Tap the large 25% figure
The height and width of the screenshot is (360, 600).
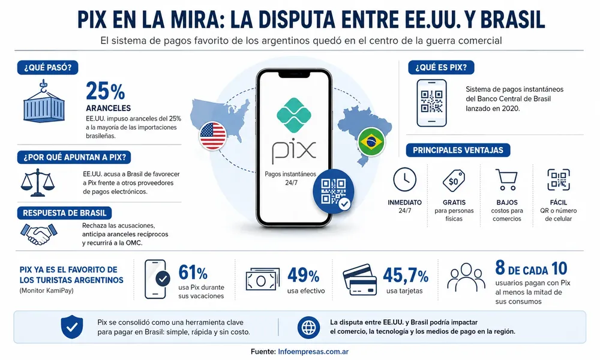(x=105, y=91)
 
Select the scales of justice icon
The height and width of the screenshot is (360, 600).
(x=37, y=182)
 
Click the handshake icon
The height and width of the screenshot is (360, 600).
(x=38, y=234)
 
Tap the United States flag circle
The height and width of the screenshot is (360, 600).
(x=213, y=136)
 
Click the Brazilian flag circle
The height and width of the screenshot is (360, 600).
(x=371, y=142)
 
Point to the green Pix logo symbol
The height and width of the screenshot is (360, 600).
(x=293, y=115)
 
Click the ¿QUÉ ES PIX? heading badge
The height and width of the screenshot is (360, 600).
(x=441, y=67)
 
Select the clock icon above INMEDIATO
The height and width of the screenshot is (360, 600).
(x=404, y=179)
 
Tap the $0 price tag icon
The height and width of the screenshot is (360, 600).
(x=454, y=180)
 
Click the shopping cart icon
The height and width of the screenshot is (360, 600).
(x=506, y=180)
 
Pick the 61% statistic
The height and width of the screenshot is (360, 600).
(x=193, y=273)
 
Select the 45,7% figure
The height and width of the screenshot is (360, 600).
(x=406, y=275)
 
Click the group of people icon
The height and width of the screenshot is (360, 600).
(x=466, y=277)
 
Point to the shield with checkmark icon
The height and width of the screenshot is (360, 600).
(x=72, y=327)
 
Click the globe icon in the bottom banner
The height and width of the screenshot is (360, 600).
(x=308, y=328)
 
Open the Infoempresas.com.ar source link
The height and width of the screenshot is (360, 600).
(x=313, y=352)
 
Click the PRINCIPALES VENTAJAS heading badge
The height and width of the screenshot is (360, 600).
(x=458, y=150)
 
